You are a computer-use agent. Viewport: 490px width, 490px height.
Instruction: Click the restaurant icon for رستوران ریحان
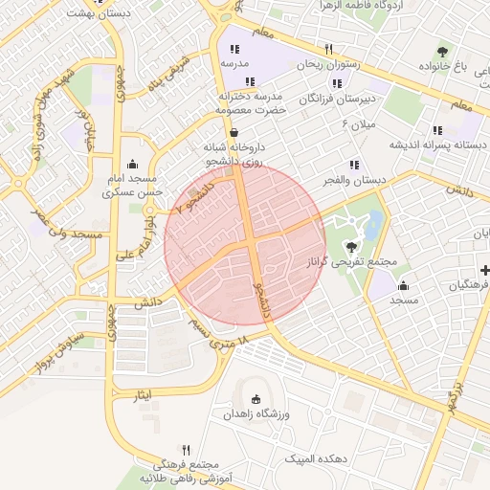(328, 49)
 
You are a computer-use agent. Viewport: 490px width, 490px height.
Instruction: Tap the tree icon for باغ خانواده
(442, 52)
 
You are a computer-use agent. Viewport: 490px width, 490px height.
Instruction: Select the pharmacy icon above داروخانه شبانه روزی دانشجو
(234, 132)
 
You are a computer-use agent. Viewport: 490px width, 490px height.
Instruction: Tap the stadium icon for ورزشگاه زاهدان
(255, 399)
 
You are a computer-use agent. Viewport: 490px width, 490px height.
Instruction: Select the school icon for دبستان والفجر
(355, 165)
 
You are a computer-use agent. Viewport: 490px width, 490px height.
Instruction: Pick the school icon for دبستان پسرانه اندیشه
(437, 130)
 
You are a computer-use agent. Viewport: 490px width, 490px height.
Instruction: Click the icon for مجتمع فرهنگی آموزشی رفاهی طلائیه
(186, 450)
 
